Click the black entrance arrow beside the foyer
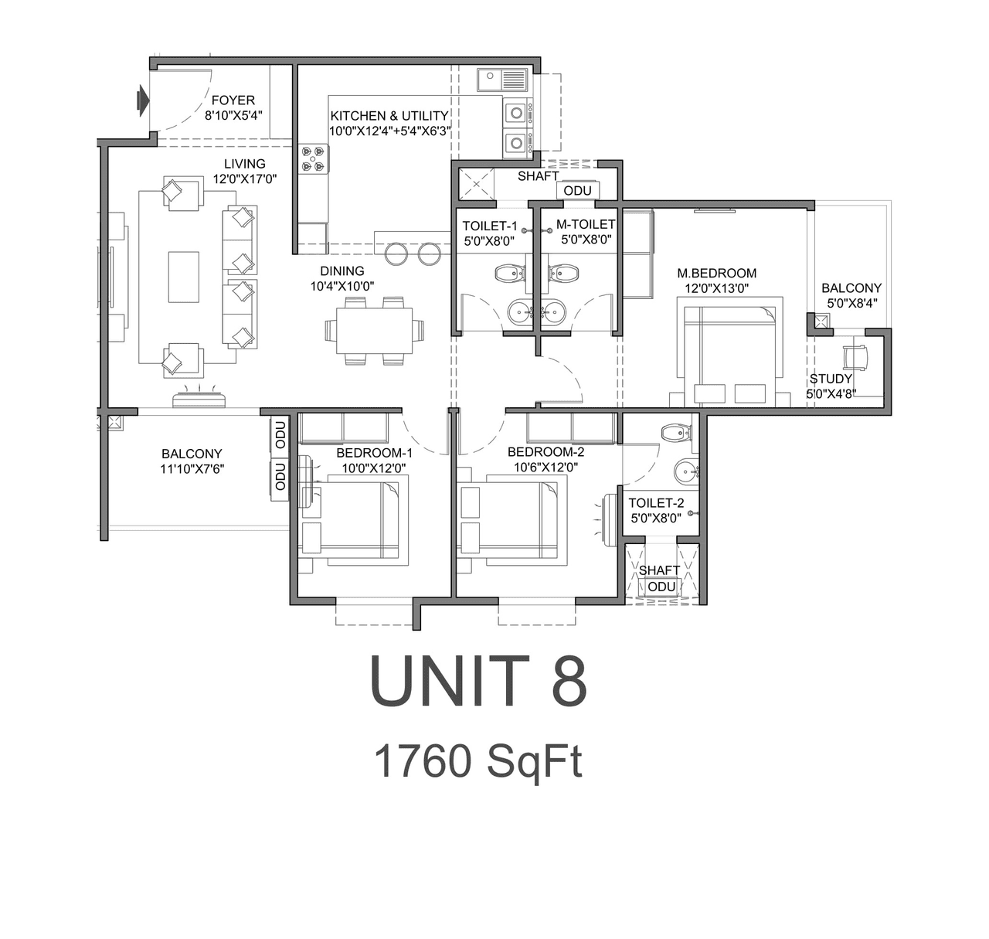[x=142, y=100]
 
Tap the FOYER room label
[x=233, y=100]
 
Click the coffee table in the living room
[x=184, y=277]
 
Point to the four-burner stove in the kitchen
[x=314, y=158]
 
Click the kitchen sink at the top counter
[x=502, y=80]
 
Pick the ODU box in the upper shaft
[x=577, y=191]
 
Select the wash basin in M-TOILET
[x=554, y=311]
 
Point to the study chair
[x=856, y=356]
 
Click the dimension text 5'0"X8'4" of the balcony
[x=851, y=303]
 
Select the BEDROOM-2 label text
[x=545, y=452]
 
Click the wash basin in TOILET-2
[x=685, y=471]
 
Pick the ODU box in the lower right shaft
[x=661, y=587]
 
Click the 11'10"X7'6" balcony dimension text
[x=192, y=468]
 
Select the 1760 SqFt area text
[x=478, y=761]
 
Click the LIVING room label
[x=244, y=164]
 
